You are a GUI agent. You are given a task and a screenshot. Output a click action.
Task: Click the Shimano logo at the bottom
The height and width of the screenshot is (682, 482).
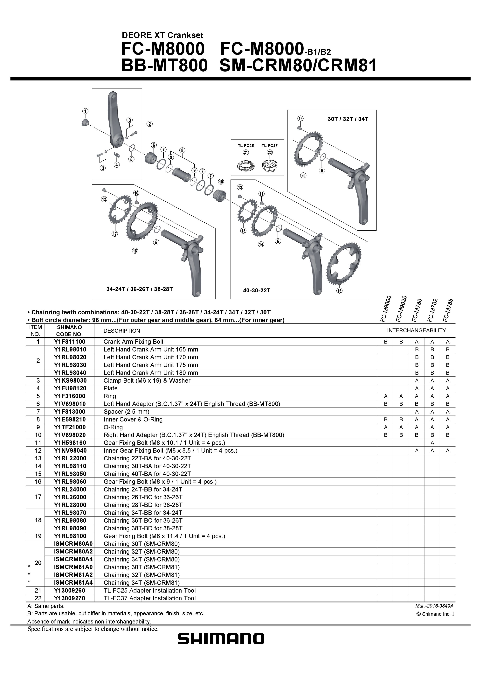click(221, 639)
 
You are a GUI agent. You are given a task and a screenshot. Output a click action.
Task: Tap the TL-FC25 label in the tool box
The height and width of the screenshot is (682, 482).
click(246, 146)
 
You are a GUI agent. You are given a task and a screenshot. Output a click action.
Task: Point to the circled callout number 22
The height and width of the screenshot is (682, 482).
click(270, 152)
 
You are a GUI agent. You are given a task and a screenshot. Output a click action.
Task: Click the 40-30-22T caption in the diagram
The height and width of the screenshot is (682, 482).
click(257, 290)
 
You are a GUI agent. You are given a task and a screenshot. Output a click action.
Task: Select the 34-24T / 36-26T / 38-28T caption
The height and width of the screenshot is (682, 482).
click(140, 289)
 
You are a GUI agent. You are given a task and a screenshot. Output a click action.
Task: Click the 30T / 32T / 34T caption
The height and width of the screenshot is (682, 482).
click(348, 119)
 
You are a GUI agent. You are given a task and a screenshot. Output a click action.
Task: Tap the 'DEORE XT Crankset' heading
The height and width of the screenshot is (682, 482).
click(162, 35)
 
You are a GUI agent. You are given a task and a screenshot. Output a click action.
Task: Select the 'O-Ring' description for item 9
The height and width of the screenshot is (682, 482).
click(113, 427)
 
